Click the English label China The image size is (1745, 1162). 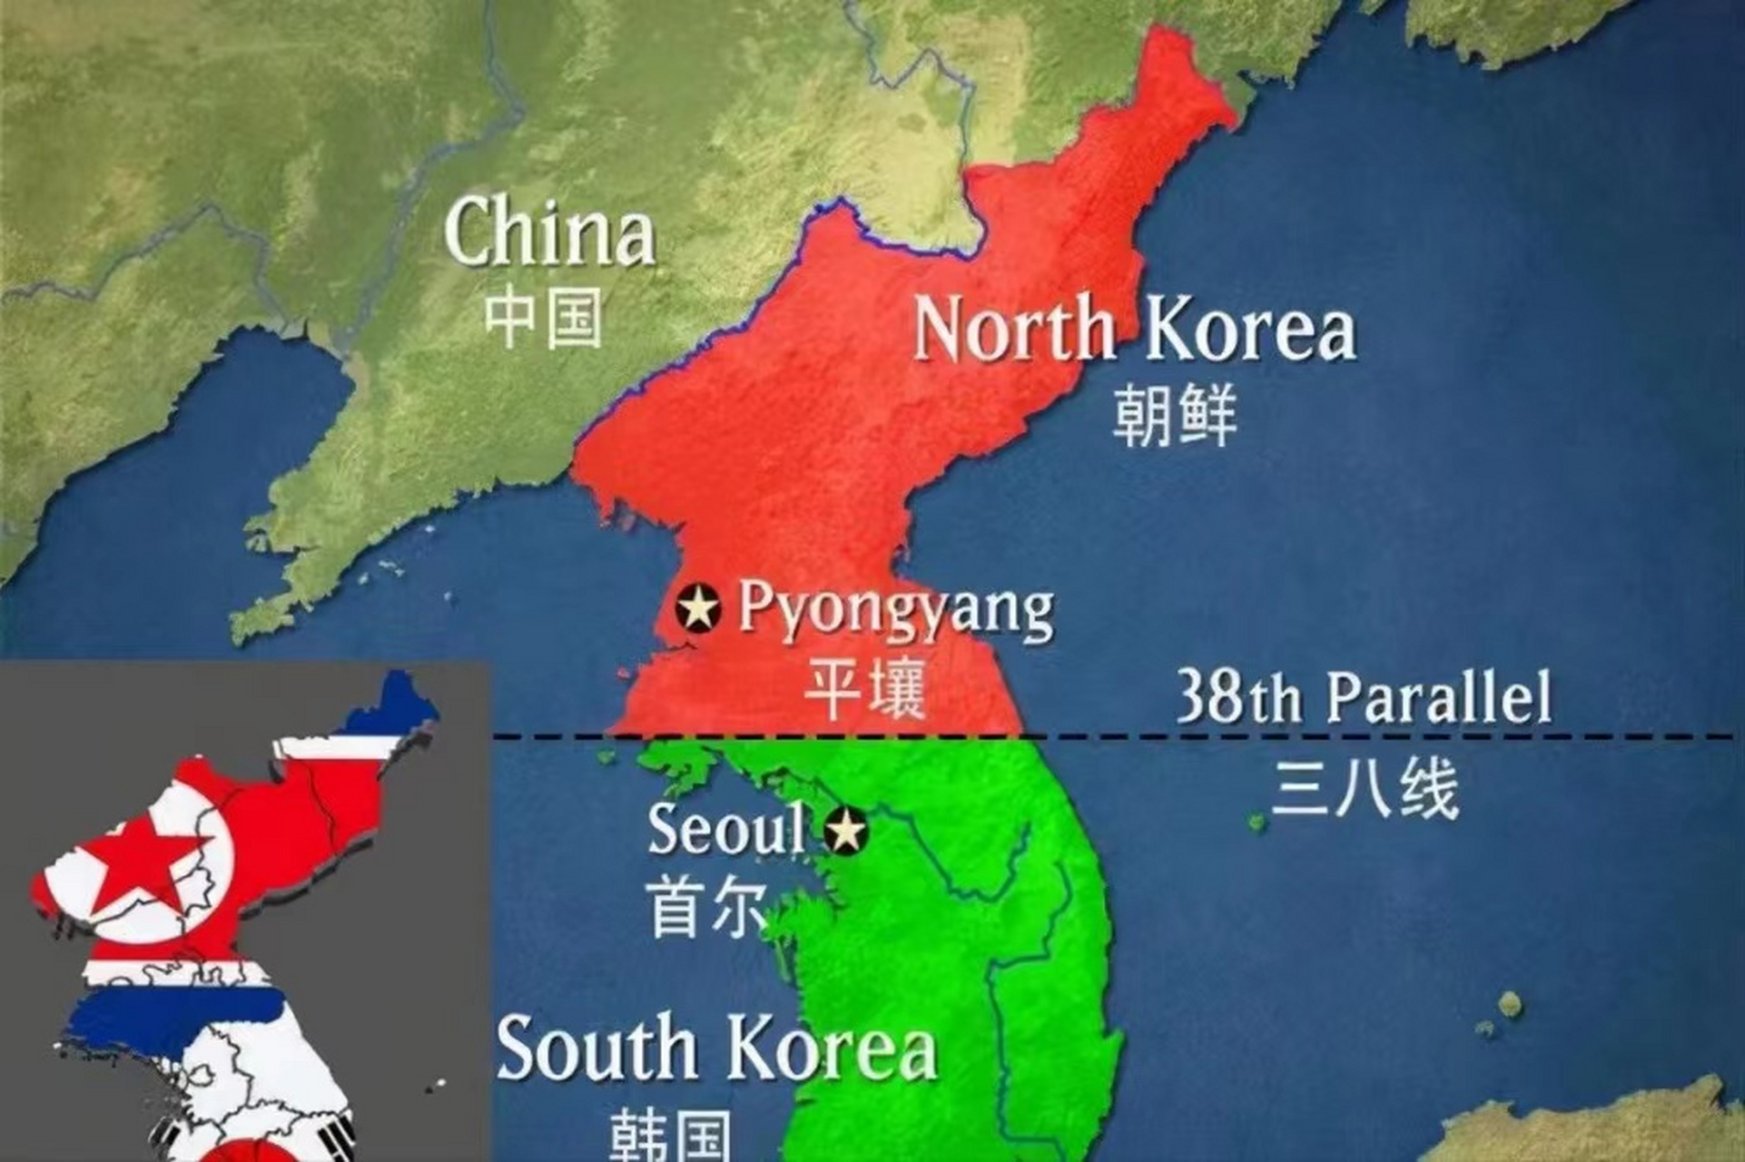tap(549, 232)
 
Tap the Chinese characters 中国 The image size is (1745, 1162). tap(543, 318)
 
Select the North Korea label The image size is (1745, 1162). tap(1134, 329)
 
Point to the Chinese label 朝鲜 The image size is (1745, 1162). tap(1175, 415)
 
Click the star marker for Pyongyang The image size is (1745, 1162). tap(698, 607)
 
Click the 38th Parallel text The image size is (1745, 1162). tap(1364, 696)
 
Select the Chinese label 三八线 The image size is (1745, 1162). tap(1365, 788)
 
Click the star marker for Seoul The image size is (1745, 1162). tap(846, 831)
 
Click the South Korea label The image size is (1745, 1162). tap(716, 1049)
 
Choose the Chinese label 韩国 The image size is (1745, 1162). tap(670, 1136)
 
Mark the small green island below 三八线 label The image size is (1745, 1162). tap(1257, 822)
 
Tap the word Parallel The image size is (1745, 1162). tap(1438, 696)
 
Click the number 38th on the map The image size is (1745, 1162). tap(1238, 696)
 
